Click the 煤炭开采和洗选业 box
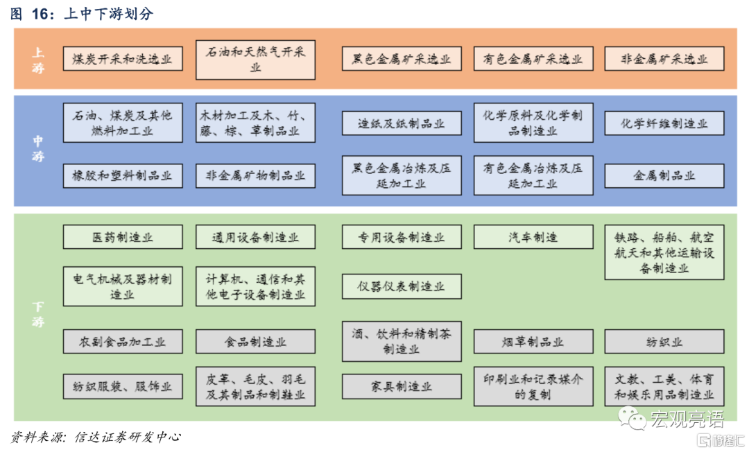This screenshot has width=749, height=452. tap(123, 59)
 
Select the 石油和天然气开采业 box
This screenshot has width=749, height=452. tap(255, 59)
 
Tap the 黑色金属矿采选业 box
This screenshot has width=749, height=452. tap(402, 59)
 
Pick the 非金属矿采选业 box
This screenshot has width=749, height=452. tap(664, 59)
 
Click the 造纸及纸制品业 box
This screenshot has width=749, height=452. tap(402, 123)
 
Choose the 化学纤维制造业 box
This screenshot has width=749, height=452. tap(664, 123)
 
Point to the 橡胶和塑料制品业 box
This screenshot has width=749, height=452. tap(123, 176)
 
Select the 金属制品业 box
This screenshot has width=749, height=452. tap(664, 176)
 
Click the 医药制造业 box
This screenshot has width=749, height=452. tap(123, 237)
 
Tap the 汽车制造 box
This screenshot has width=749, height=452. tap(533, 237)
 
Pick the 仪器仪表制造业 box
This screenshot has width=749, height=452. tap(402, 286)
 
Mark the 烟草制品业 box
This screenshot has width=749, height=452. tap(533, 342)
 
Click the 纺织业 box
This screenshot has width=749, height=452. tap(664, 342)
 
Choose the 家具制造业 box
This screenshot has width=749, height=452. tap(402, 386)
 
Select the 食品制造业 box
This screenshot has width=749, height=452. tap(255, 342)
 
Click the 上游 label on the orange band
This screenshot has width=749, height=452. tap(39, 59)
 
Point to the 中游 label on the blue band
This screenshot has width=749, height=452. tap(39, 148)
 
